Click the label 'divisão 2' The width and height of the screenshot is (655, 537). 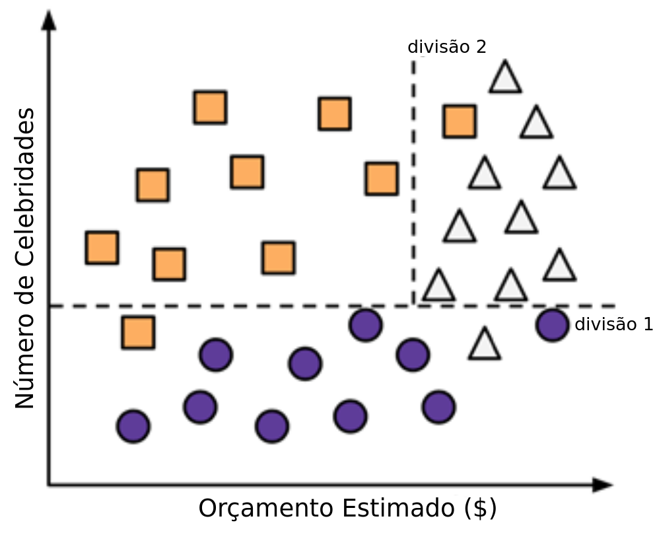(447, 48)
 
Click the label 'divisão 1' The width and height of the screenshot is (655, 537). (614, 324)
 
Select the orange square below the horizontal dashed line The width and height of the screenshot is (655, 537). (138, 332)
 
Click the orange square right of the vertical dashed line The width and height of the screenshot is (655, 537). (459, 121)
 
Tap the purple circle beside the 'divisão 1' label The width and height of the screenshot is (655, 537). (553, 325)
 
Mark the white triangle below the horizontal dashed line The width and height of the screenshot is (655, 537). (484, 345)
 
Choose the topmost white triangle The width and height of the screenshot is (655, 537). (505, 77)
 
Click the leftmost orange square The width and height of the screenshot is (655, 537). (102, 248)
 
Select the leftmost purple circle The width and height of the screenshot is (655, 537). (133, 426)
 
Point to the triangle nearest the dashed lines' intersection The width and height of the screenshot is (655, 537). (438, 286)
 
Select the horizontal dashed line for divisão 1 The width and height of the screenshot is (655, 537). (231, 306)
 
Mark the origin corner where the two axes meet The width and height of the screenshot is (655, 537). (49, 485)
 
